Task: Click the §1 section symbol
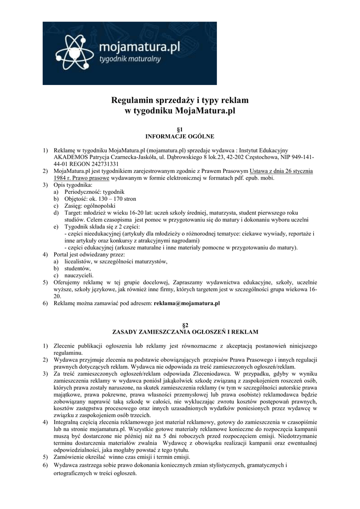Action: [179, 128]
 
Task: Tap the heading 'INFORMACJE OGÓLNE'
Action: [179, 135]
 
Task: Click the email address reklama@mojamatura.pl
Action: [180, 302]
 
